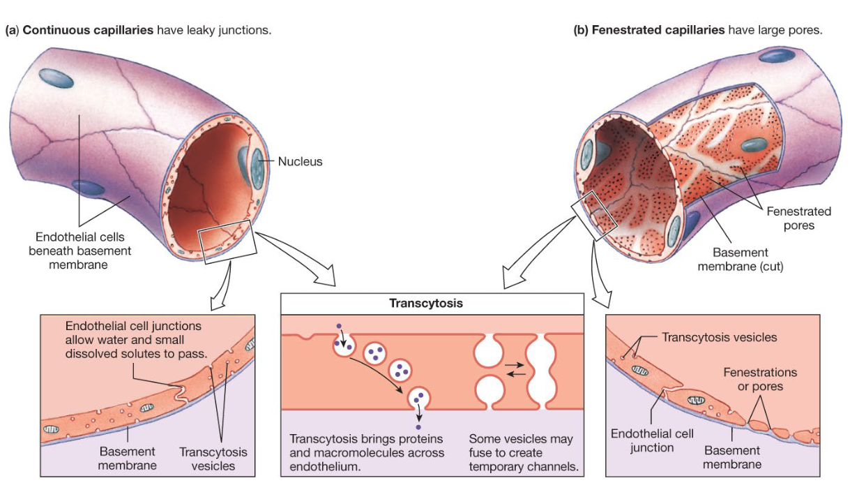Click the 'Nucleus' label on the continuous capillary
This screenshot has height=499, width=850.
pos(300,161)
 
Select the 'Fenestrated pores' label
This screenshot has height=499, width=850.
pos(798,218)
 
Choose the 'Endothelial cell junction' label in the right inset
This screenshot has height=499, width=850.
pos(652,441)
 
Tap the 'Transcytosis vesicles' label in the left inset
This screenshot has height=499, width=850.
pos(213,459)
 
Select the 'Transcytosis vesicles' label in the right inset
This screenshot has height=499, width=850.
pos(718,337)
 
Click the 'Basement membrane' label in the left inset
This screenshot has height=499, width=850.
pos(127,459)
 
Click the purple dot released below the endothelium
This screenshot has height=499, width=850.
pos(418,426)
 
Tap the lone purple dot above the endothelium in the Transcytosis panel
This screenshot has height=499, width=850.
pos(339,325)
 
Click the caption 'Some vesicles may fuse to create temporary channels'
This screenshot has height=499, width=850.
pos(524,453)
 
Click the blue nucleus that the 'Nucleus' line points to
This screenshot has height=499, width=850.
pos(257,167)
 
